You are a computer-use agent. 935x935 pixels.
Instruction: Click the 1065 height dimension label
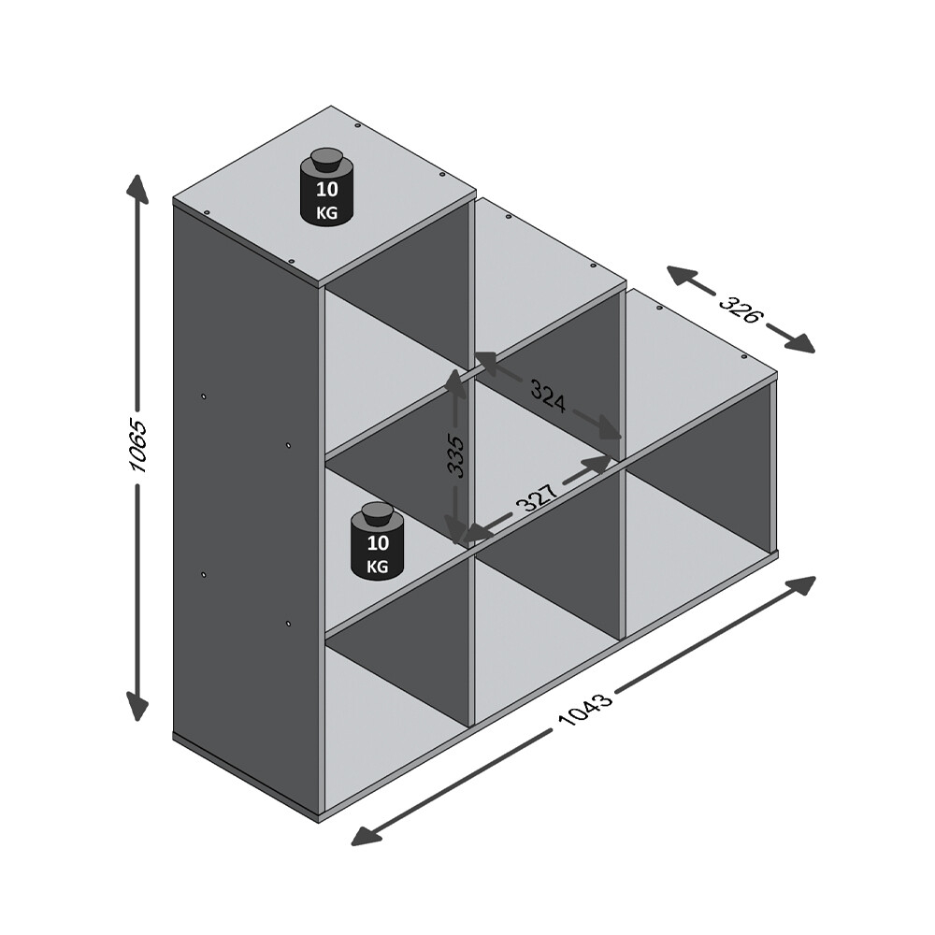(139, 445)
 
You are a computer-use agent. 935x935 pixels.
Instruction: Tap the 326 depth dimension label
(739, 309)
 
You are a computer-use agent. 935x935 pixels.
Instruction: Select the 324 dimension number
(548, 396)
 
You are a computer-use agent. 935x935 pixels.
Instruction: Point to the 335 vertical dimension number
(455, 456)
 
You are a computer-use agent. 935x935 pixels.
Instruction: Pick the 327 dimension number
(537, 497)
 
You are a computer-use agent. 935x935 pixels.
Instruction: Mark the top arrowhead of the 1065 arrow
(138, 186)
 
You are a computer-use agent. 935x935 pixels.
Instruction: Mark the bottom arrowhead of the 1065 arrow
(138, 707)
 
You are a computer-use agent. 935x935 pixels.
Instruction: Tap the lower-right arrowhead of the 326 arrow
(801, 344)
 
